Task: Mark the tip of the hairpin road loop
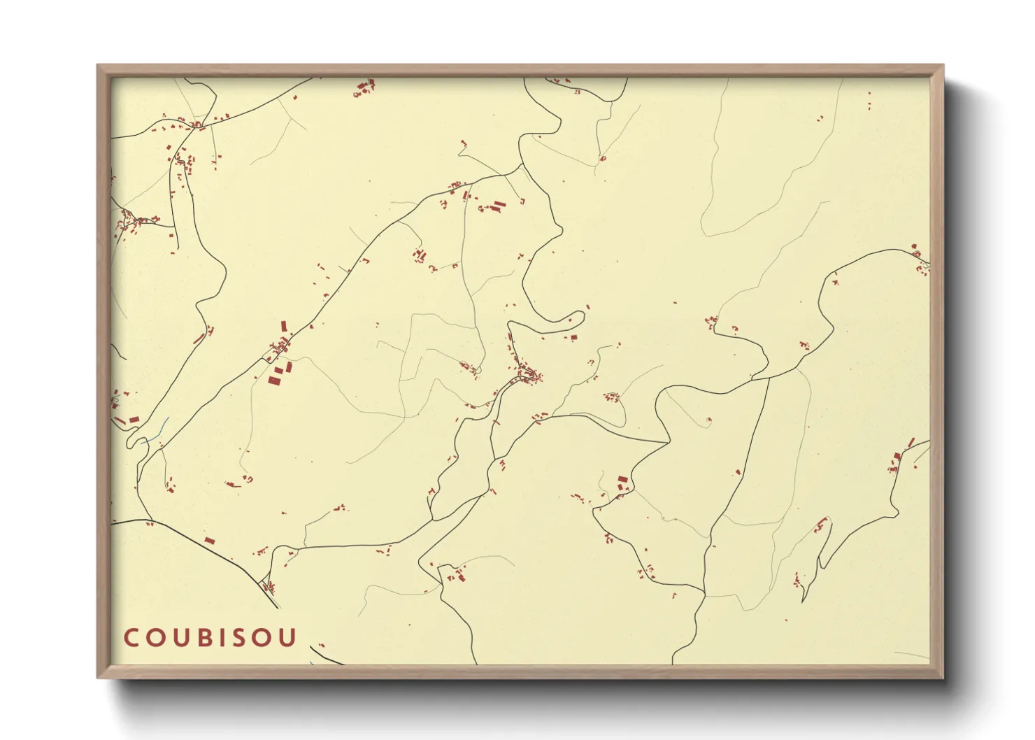[581, 315]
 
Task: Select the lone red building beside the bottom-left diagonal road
[209, 541]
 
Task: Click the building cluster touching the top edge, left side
[364, 88]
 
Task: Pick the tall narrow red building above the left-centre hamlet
[284, 326]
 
